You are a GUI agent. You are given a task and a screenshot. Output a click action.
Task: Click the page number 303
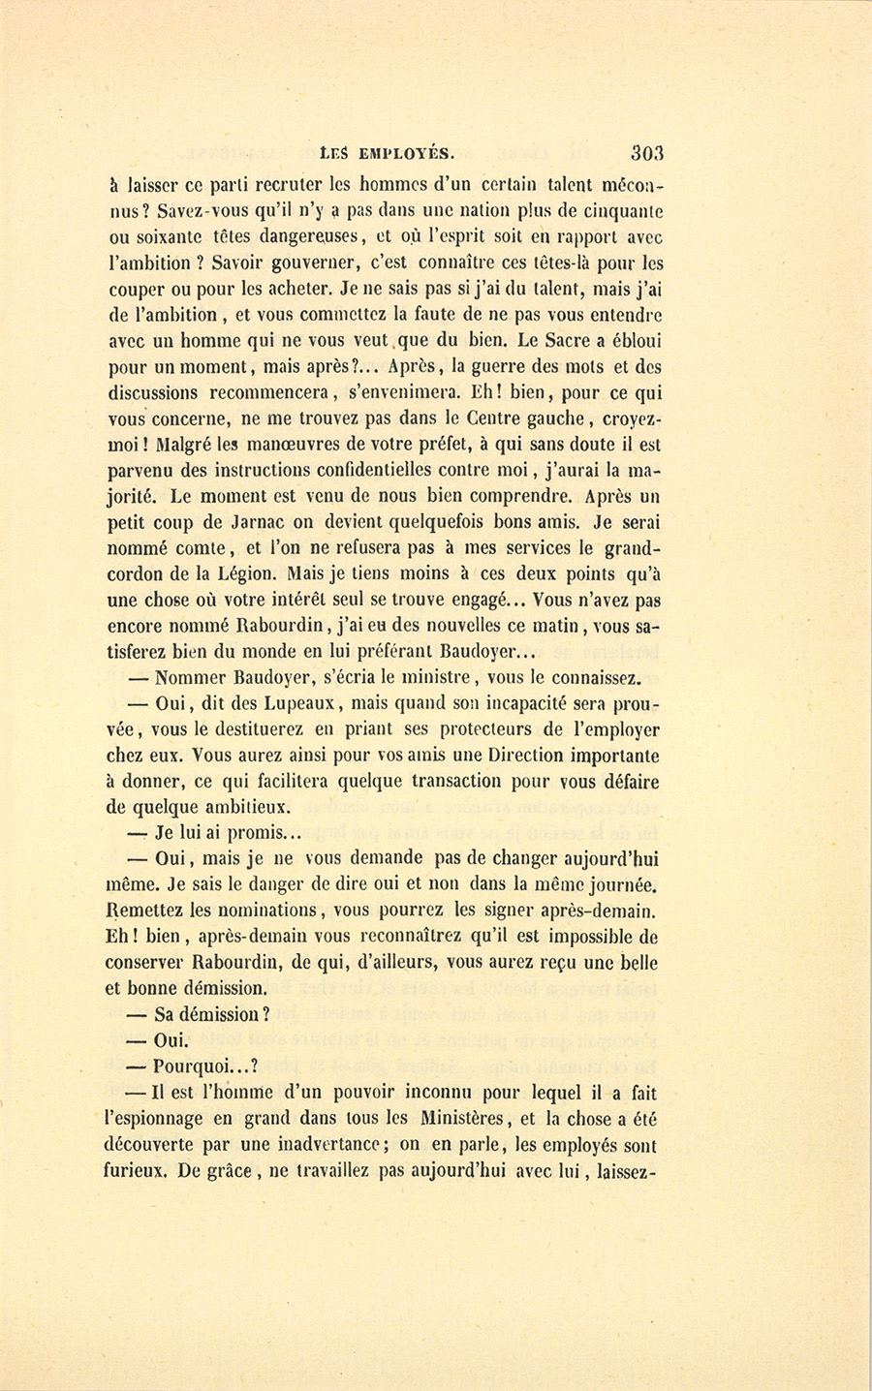(645, 151)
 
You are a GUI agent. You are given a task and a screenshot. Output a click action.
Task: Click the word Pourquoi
(196, 1066)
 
